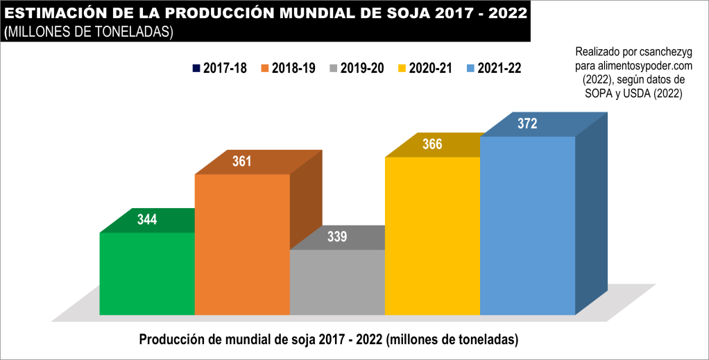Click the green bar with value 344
tap(147, 273)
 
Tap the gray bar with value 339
tap(337, 282)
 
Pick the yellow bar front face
tap(432, 236)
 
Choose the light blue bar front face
tap(527, 225)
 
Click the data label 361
tap(241, 162)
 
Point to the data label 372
tap(527, 124)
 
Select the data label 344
tap(147, 220)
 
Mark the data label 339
tap(337, 237)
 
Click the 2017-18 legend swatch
tap(196, 68)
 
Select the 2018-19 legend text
tap(294, 68)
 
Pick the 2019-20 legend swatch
tap(334, 68)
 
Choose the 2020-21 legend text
tap(432, 68)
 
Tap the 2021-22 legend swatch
tap(471, 68)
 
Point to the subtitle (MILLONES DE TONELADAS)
tap(88, 32)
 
